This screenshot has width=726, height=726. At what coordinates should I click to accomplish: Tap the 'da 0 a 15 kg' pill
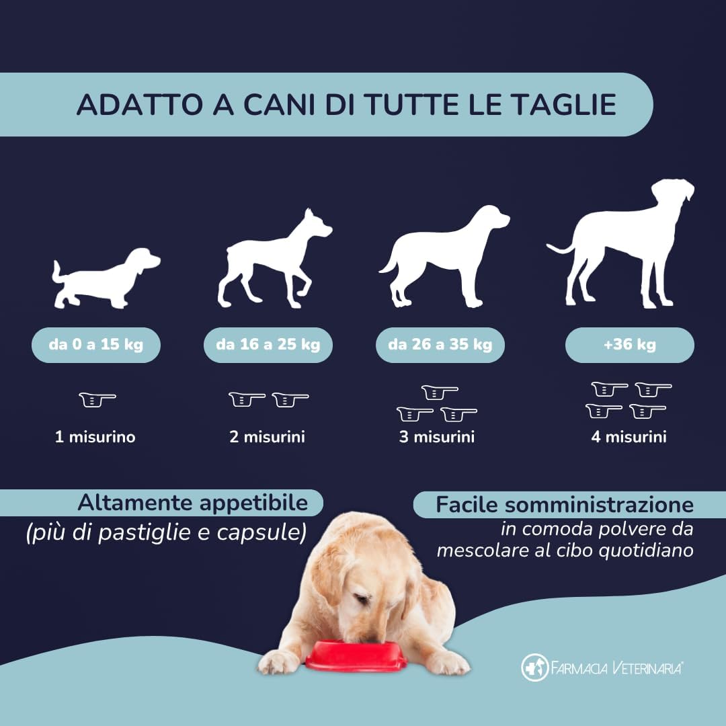[95, 346]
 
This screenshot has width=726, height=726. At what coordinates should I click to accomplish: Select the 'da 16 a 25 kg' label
[268, 346]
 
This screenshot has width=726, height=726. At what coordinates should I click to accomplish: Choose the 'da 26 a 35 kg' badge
[440, 346]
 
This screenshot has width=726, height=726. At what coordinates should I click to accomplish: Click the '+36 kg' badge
[629, 346]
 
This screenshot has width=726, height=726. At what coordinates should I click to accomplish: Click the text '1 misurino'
[95, 437]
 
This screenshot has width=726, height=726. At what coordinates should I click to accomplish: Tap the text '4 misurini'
[629, 437]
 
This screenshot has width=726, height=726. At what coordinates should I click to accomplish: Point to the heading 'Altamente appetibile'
[192, 503]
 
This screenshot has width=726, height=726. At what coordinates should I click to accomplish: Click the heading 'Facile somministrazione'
[565, 505]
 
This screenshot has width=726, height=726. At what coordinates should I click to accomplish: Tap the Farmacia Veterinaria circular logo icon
[535, 668]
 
